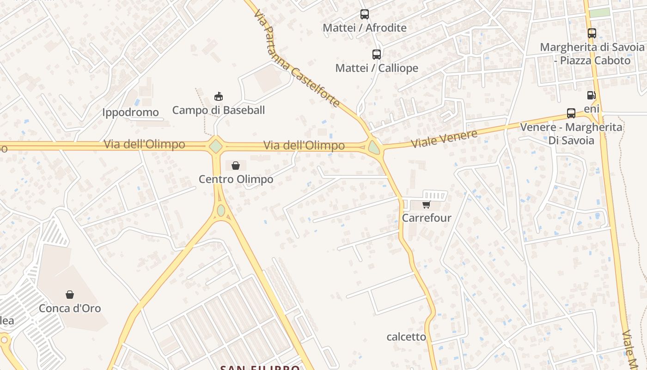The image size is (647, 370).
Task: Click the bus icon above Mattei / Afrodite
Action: tap(365, 14)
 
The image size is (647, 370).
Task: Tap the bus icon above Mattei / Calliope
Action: tap(377, 55)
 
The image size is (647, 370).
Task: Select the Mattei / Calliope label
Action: tap(377, 68)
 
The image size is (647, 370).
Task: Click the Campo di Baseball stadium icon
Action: tap(219, 97)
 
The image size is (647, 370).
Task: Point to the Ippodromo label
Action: tap(130, 112)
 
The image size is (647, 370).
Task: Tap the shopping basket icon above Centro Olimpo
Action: tap(236, 166)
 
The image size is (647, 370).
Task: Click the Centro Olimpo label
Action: tap(236, 179)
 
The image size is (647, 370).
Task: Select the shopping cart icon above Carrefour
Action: tap(426, 204)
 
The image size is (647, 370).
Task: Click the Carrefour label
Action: tap(427, 218)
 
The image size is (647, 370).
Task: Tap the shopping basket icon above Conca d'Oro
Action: tap(70, 295)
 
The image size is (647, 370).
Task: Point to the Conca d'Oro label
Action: tap(70, 308)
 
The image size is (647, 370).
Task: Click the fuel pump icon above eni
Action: tap(591, 95)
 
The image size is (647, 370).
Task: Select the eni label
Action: tap(592, 109)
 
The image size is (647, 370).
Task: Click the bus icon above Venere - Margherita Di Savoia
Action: tap(571, 113)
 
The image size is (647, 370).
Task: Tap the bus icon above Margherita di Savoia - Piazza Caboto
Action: tap(592, 33)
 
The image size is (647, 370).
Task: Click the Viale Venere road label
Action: tap(444, 139)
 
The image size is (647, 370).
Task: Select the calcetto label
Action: tap(406, 337)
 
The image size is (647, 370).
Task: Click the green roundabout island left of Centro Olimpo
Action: tap(216, 146)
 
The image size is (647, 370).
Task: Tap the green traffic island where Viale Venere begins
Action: tap(374, 148)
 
